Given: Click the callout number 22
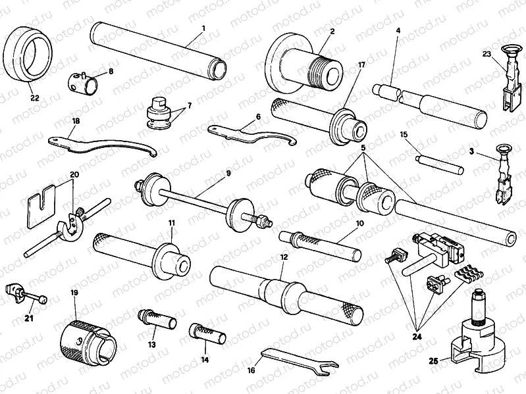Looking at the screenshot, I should click(x=34, y=98).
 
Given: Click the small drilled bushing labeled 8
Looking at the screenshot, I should click(x=84, y=84).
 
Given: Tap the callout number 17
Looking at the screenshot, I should click(x=361, y=64).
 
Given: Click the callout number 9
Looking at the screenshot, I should click(x=228, y=173).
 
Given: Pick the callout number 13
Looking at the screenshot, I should click(x=152, y=345).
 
